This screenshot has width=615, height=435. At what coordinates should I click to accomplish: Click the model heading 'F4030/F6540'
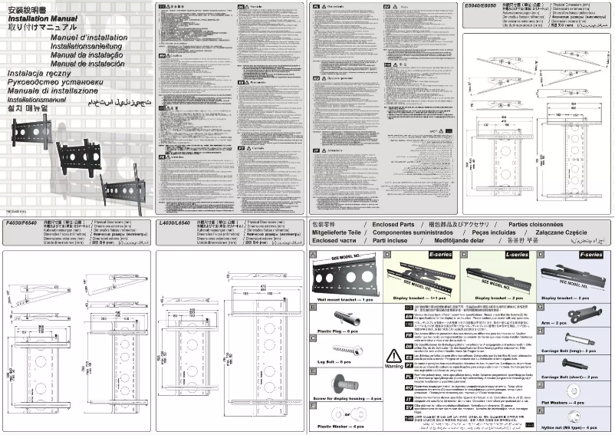[x=21, y=222]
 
